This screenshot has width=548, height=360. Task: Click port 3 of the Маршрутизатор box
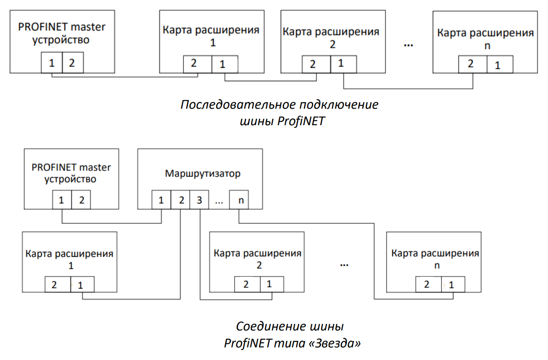(199, 200)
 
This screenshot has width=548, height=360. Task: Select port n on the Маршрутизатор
(239, 200)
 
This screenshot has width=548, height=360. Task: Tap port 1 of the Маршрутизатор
(161, 200)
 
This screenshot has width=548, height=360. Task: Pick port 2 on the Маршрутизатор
(180, 200)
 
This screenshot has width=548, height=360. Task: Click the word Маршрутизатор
(203, 173)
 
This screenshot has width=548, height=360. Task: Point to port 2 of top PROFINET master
(73, 63)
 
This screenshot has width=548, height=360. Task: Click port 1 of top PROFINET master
(52, 63)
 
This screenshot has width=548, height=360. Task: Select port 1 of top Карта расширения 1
(225, 64)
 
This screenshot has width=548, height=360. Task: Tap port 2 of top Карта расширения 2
(316, 64)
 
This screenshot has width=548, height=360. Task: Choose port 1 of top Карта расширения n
(500, 64)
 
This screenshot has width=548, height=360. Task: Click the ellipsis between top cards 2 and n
(409, 45)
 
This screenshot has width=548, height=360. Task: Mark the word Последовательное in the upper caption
(237, 104)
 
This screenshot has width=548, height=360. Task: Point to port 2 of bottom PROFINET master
(81, 200)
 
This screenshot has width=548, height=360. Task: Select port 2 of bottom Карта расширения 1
(58, 284)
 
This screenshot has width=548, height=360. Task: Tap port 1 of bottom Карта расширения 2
(272, 284)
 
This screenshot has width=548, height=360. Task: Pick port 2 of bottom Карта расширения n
(428, 284)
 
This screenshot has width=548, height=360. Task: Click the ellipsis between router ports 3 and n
(219, 203)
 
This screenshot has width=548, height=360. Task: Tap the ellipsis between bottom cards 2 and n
(344, 265)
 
